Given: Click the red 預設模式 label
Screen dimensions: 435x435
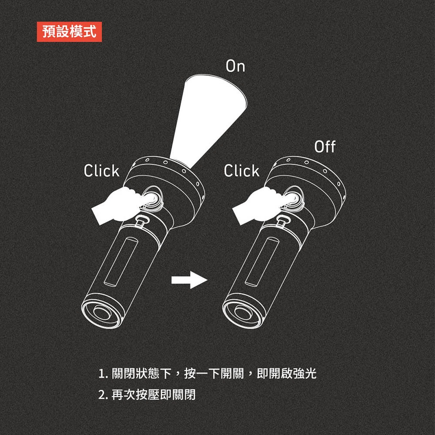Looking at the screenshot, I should click(69, 32).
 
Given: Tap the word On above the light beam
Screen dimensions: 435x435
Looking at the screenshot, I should click(235, 66).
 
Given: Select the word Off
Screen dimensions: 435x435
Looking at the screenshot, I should click(325, 147).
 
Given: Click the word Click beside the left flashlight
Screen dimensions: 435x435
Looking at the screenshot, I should click(101, 171).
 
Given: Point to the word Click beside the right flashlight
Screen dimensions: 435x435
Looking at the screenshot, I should click(241, 171).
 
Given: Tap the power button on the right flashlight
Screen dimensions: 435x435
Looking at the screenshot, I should click(292, 198).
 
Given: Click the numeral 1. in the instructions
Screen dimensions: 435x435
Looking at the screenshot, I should click(103, 374).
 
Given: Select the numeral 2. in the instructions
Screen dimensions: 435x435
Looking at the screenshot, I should click(103, 395).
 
